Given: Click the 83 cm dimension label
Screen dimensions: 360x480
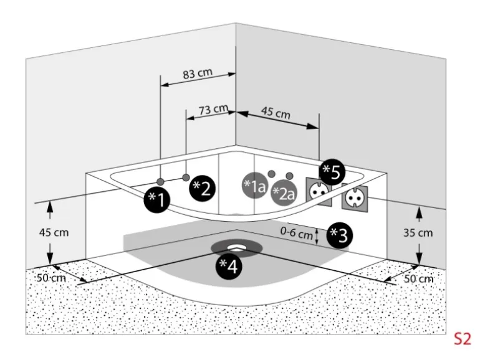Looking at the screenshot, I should (x=197, y=73).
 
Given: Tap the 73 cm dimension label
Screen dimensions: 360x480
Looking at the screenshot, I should (x=213, y=110).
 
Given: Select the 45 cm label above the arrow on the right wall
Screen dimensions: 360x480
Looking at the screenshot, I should (x=276, y=114).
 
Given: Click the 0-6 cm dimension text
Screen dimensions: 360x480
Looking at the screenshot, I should (x=296, y=234).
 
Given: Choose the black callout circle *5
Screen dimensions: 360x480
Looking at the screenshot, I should (x=332, y=173).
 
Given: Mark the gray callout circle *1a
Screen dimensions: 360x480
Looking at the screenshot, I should (x=254, y=185).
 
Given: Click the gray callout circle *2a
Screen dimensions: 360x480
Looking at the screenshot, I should (x=283, y=194).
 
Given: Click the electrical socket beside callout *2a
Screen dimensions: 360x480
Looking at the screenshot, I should (x=316, y=192).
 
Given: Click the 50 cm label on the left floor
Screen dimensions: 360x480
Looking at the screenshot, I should (x=50, y=277).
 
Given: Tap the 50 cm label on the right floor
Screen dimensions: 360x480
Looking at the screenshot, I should (x=418, y=278).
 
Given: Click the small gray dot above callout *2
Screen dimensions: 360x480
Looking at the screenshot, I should (x=186, y=178).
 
